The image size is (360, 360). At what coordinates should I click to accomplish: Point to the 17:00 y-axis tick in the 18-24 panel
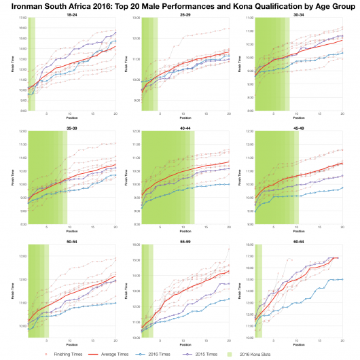21,18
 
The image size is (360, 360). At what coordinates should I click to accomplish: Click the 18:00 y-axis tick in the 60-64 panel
249,245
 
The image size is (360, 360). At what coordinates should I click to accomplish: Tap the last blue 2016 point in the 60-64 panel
342,279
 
